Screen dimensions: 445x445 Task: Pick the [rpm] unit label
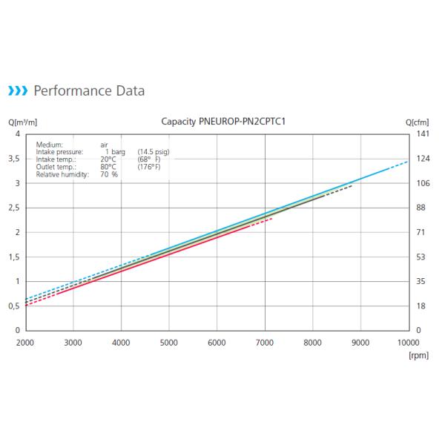[419, 355]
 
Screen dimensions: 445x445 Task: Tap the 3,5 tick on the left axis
[14, 159]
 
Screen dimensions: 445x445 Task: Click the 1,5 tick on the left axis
[14, 257]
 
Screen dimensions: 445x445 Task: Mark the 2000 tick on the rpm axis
[25, 342]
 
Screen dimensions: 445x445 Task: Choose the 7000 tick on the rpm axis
[265, 342]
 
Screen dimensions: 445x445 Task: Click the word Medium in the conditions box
[50, 145]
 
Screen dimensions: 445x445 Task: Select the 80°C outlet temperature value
[108, 167]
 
